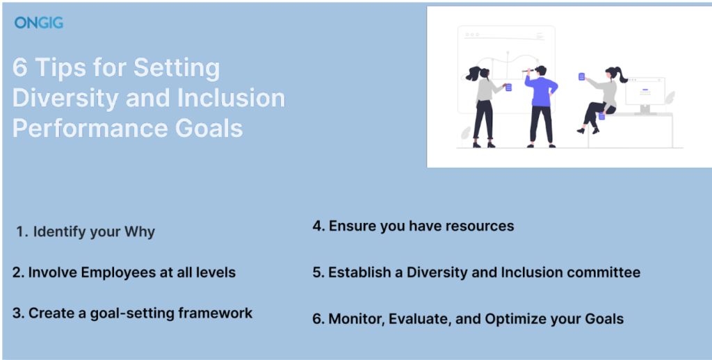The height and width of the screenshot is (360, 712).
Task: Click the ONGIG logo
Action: pos(39,23)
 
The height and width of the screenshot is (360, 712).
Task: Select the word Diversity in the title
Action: pos(65,98)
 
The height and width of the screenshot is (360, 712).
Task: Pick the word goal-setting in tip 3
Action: pos(132,313)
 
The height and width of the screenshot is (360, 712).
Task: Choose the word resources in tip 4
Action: pos(478,226)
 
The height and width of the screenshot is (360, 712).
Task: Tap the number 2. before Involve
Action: pos(18,272)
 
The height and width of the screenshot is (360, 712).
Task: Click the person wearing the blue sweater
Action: pos(541,106)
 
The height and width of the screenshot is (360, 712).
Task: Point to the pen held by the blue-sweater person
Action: pos(527,71)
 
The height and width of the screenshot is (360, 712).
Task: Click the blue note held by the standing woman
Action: pos(508,87)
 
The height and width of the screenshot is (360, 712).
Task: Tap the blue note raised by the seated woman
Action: pos(582,76)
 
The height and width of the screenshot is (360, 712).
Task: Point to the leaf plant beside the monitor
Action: pos(670,97)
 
